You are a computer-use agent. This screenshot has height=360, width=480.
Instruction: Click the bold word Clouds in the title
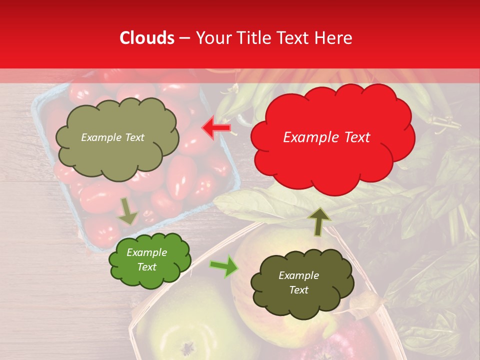147,38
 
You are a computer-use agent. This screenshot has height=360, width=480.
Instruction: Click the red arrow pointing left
216,127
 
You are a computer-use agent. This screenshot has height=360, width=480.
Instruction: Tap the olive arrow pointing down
128,211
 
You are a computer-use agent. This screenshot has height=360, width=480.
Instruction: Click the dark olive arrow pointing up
319,221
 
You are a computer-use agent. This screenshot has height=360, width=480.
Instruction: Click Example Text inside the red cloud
326,137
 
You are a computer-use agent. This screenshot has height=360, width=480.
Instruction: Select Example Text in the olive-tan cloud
112,137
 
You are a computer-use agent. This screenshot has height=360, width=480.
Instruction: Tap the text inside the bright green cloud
147,260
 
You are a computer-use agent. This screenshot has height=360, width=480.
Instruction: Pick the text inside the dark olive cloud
298,282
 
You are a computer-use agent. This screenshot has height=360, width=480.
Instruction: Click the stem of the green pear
188,346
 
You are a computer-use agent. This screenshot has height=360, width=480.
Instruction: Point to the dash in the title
184,38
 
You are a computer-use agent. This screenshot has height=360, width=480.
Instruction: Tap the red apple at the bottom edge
345,345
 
